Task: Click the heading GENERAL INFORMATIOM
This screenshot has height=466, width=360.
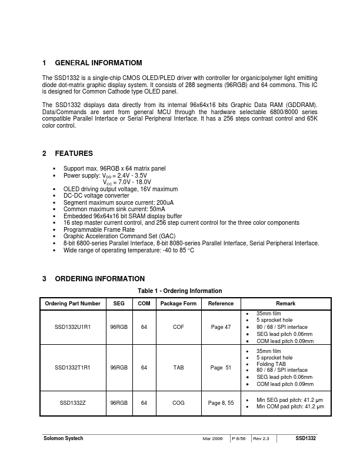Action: (98, 63)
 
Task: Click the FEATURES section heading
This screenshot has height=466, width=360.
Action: (74, 154)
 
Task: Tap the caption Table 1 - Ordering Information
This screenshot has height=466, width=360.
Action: (180, 291)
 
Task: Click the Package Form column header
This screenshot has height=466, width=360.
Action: (178, 304)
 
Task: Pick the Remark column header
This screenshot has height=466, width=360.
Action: (286, 304)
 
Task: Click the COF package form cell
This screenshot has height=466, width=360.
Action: (178, 327)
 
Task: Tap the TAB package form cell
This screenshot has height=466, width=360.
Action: (178, 367)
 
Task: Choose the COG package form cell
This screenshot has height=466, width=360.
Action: (178, 403)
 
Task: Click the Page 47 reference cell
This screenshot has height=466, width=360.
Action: (221, 327)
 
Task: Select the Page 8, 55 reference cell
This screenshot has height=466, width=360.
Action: (221, 403)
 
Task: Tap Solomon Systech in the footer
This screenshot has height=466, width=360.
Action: (64, 439)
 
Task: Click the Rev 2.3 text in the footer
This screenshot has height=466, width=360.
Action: (262, 440)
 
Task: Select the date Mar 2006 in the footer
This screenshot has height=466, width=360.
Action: (212, 440)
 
